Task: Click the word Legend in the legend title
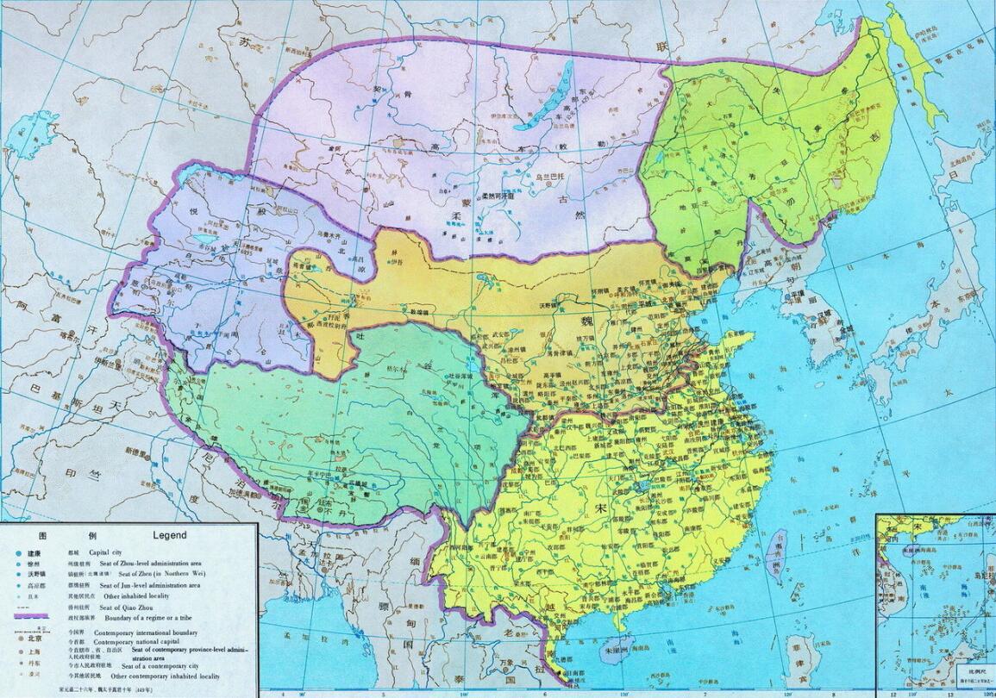(169, 535)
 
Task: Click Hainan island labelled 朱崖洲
(623, 644)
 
